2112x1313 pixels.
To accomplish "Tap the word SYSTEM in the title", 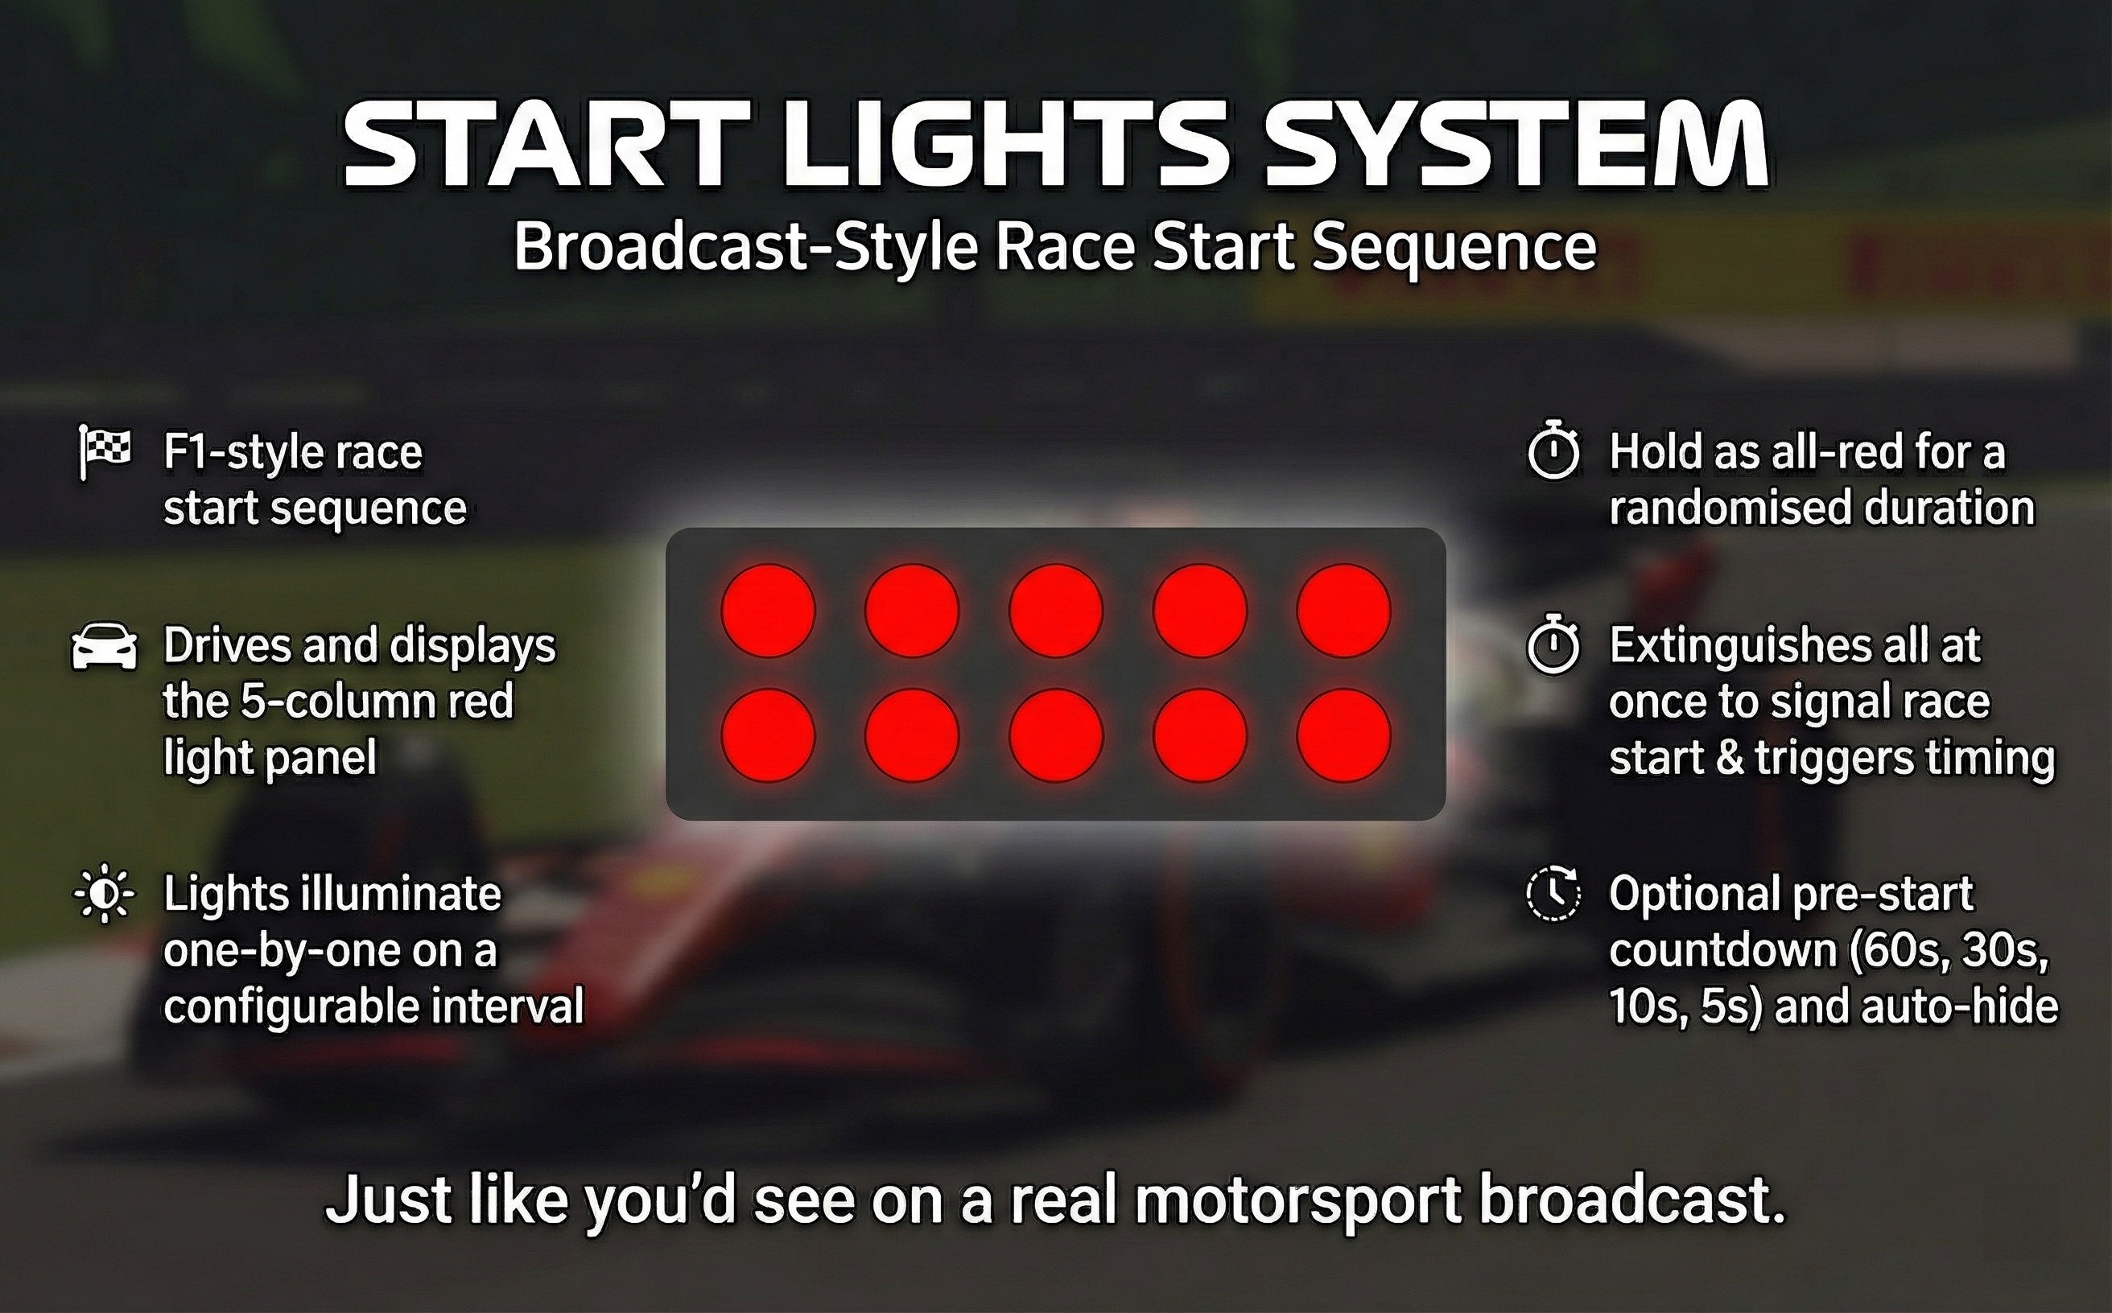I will coord(1517,145).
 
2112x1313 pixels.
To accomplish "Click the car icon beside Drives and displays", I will coord(105,647).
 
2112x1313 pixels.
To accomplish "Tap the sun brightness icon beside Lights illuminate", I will coord(105,894).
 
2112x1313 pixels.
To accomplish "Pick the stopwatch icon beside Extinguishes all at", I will coord(1553,645).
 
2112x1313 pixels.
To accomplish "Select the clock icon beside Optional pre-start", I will coord(1553,894).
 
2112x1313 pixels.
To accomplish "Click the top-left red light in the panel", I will coord(768,611).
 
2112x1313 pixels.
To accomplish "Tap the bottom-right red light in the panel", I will coord(1343,735).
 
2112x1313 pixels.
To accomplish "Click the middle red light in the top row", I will coord(1055,611).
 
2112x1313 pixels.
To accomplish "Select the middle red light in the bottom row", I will coord(1055,735).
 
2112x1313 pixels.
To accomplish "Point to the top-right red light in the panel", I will coord(1343,611).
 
